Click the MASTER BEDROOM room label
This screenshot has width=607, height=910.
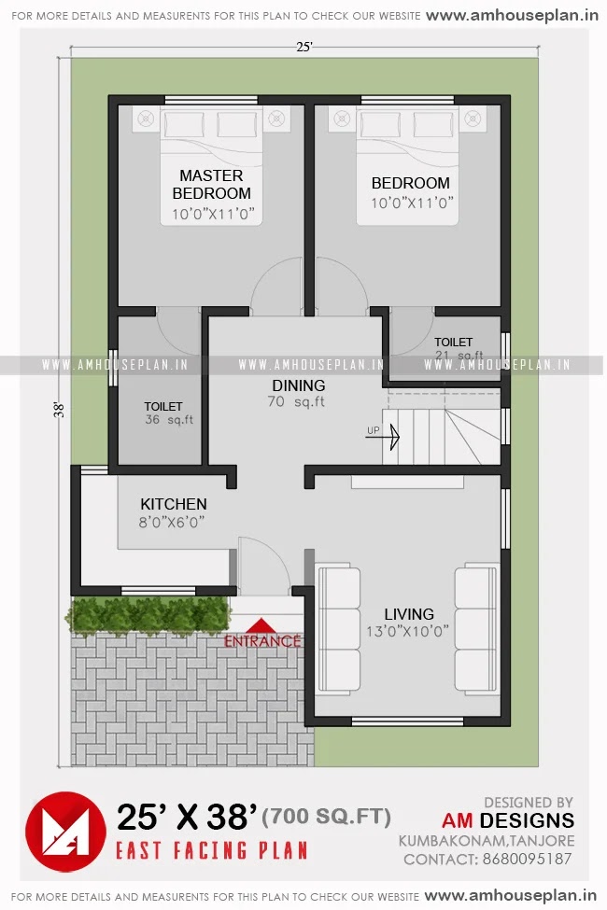coord(211,185)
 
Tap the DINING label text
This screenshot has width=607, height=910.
coord(299,385)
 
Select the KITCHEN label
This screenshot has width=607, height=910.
coord(174,504)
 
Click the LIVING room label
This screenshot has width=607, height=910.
coord(409,614)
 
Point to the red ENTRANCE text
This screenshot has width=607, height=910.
coord(262,641)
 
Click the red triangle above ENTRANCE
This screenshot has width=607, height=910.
coord(262,626)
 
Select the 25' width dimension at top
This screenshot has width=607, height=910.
coord(303,47)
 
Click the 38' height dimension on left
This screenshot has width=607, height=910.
coord(59,409)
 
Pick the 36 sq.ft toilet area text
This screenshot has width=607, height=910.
coord(169,420)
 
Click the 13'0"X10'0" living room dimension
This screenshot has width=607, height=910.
coord(409,631)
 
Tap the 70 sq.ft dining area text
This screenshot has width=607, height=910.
coord(299,402)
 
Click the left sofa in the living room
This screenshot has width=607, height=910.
coord(338,628)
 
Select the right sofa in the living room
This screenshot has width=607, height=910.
coord(477,628)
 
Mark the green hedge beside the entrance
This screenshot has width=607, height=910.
coord(148,615)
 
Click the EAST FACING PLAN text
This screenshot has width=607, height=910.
coord(211,850)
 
